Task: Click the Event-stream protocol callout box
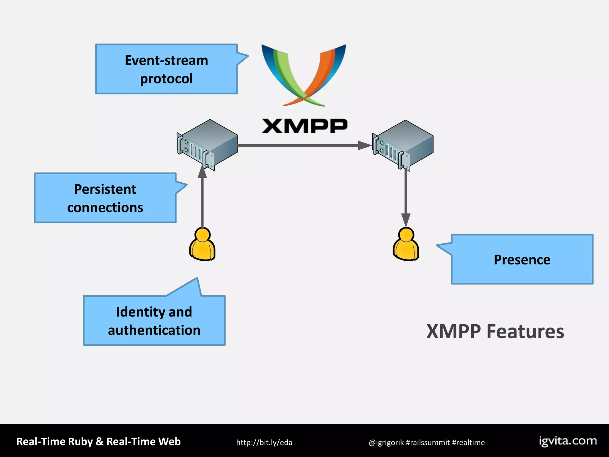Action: click(166, 69)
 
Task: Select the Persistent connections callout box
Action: click(105, 198)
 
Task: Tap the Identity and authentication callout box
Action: click(154, 320)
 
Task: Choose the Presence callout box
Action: click(522, 259)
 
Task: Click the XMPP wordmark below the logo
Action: click(304, 126)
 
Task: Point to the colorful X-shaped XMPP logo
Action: click(303, 74)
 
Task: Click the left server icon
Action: click(207, 145)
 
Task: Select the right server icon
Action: click(403, 145)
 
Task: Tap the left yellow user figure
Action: click(202, 245)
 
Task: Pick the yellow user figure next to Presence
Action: click(406, 245)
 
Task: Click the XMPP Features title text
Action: click(495, 331)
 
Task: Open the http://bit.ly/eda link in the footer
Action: click(264, 442)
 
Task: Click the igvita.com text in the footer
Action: click(568, 441)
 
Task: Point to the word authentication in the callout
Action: click(154, 330)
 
